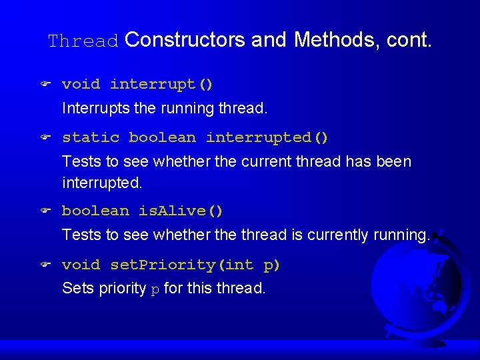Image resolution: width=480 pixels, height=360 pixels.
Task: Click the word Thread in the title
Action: pos(83,41)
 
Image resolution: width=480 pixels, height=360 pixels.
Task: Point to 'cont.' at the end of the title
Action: pos(409,40)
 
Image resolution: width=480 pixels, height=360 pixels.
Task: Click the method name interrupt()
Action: pos(161,84)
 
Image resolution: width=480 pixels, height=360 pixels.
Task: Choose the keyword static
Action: pos(91,137)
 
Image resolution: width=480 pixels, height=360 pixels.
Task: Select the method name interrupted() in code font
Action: pos(267,137)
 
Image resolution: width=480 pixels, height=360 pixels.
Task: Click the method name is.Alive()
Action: pos(181,211)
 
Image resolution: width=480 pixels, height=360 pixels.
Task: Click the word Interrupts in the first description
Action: pos(91,107)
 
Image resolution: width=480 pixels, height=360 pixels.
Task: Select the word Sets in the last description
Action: pos(75,288)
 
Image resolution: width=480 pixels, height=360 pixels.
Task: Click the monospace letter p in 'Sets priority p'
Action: pos(155,289)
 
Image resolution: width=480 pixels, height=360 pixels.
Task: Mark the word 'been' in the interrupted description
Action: pos(394,161)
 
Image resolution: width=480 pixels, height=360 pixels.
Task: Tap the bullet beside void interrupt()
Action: pos(44,85)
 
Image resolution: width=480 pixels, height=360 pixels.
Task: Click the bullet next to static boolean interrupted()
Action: pos(44,138)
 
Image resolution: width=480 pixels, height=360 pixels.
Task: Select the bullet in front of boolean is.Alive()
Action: pos(44,211)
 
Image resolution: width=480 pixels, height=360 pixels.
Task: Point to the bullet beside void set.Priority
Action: pos(44,265)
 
